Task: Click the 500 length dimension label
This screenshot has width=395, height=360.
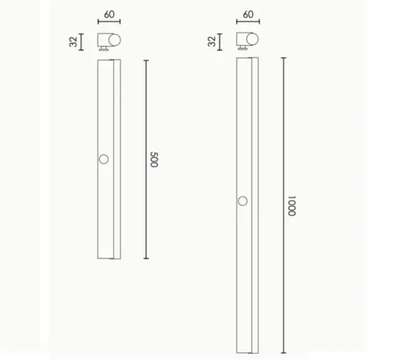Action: point(154,159)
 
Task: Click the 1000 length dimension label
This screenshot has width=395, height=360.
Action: point(292,206)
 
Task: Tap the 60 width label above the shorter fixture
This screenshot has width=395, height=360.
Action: point(109,15)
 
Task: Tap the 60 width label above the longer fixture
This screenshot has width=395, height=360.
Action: point(248,14)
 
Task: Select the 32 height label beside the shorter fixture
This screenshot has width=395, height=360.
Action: point(74,42)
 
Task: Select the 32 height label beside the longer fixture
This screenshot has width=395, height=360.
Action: point(211,41)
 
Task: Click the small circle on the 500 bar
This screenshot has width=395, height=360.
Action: point(104,159)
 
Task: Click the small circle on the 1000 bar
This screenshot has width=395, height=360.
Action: point(242,201)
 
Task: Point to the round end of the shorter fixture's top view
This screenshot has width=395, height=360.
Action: point(115,40)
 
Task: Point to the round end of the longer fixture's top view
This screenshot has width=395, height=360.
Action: point(252,39)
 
